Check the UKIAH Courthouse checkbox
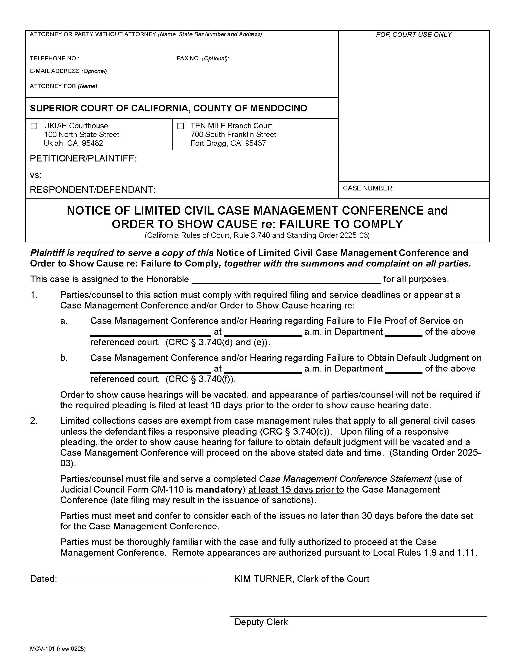34,126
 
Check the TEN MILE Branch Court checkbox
180,126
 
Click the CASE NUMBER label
368,188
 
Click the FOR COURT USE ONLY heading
413,35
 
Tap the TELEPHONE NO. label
54,58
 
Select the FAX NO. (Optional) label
203,58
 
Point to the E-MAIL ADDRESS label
69,71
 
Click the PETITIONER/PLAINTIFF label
83,158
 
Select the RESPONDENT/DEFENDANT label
92,190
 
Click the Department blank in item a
403,332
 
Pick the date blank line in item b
151,369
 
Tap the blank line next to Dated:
134,579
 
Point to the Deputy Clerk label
261,622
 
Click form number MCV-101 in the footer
42,649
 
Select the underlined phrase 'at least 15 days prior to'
296,490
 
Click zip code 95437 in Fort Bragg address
255,143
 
